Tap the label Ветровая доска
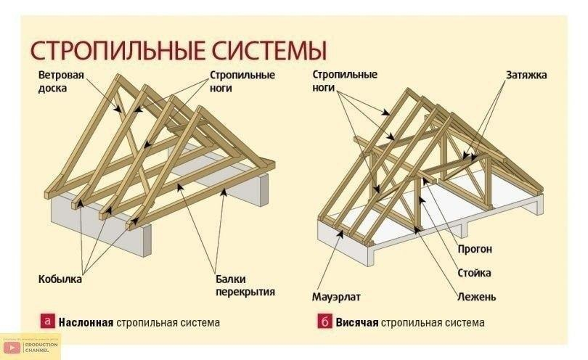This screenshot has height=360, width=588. point(57,81)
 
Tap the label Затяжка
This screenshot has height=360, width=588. point(526,75)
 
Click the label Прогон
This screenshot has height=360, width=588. point(475,249)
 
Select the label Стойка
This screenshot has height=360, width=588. point(474,273)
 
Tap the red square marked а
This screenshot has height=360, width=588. point(49,321)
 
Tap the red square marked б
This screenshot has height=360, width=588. point(324,321)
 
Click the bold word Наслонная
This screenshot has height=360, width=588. point(86,322)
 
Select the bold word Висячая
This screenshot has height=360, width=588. point(357,322)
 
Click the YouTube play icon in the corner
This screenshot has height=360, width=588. point(11,348)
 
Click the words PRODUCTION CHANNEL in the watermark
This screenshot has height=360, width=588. point(36,348)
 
